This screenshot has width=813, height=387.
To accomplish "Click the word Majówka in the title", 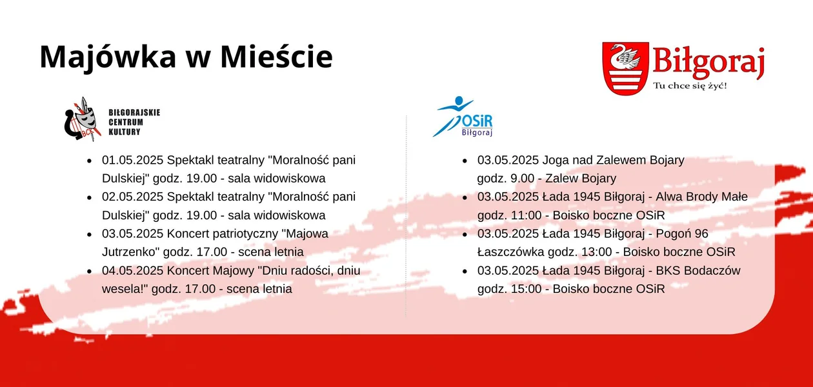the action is click(x=108, y=57).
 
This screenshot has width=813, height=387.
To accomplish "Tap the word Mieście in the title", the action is click(x=276, y=56).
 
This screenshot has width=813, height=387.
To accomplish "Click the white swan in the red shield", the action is click(x=625, y=57).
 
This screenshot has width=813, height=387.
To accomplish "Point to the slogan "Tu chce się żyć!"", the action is click(x=690, y=86).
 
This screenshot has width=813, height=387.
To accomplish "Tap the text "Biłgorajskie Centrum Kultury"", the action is click(x=134, y=123).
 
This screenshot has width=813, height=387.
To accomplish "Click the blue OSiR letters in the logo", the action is click(x=477, y=121).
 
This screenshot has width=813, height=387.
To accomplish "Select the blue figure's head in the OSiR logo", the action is click(x=459, y=101).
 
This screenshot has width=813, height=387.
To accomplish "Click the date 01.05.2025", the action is click(x=132, y=160).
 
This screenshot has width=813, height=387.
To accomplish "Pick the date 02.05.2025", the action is click(x=132, y=197).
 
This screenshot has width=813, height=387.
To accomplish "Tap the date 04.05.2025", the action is click(x=132, y=270).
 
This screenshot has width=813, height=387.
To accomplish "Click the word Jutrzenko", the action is click(x=130, y=252).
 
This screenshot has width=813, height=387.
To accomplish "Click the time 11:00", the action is click(x=527, y=215).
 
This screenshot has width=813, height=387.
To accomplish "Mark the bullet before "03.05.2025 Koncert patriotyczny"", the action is click(x=90, y=234).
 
